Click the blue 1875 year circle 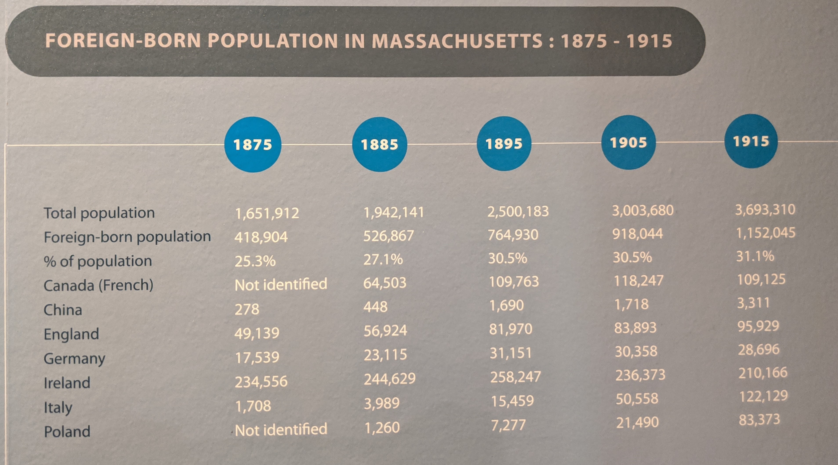[x=252, y=144]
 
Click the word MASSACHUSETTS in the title [x=457, y=41]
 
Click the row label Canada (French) [x=98, y=286]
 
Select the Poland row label [x=67, y=432]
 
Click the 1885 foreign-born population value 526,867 [x=388, y=235]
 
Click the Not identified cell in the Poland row [x=281, y=430]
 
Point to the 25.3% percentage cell [x=255, y=261]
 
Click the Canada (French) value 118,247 [x=638, y=281]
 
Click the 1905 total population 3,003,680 [x=642, y=210]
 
